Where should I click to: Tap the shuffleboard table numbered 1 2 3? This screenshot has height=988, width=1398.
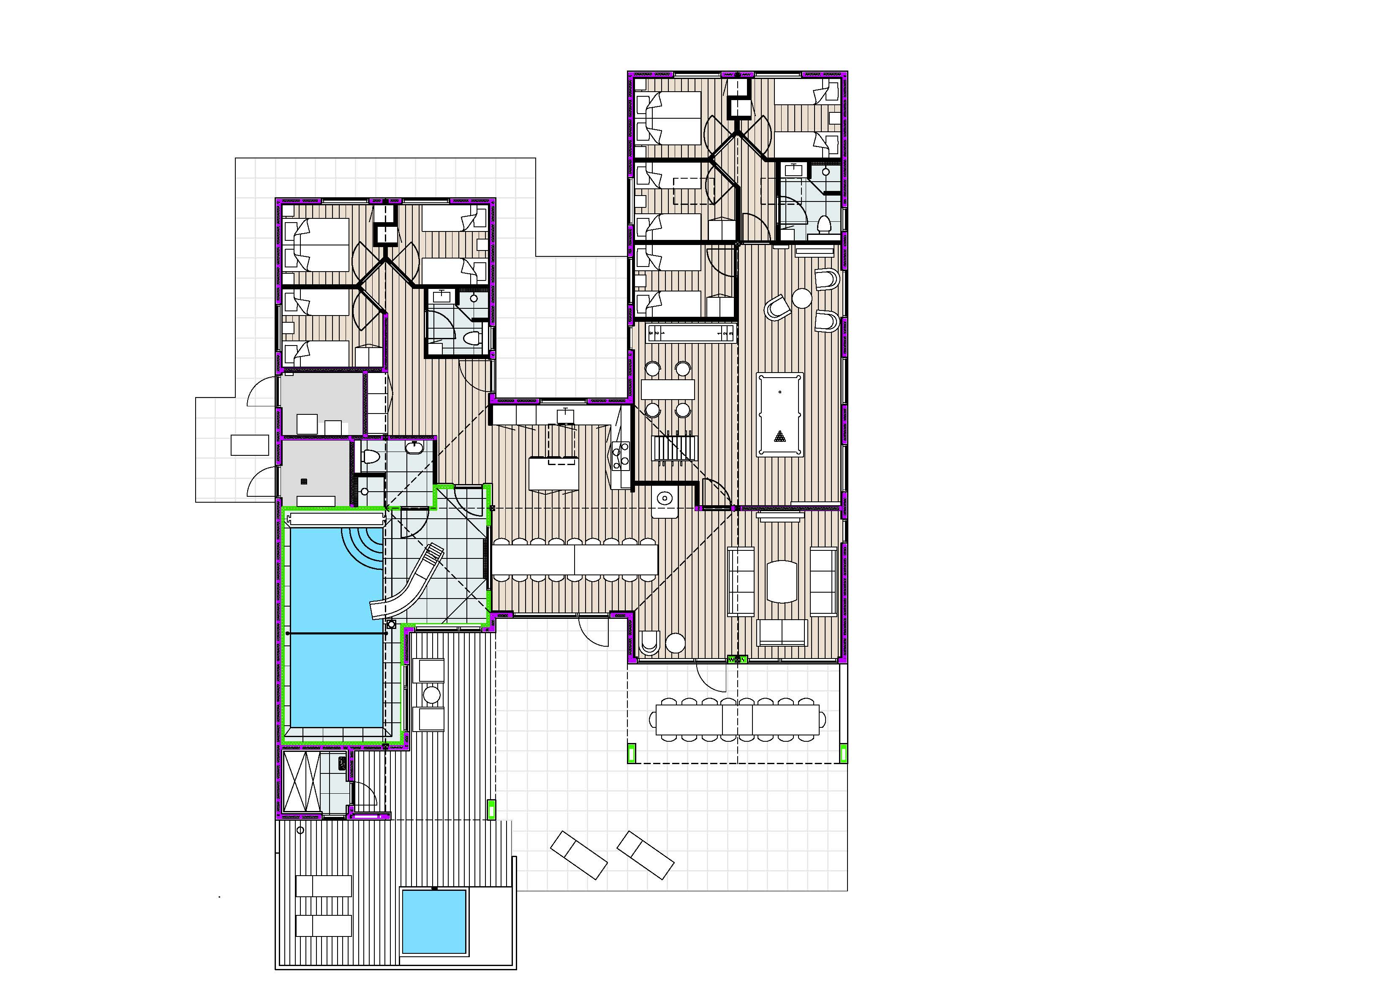tap(691, 333)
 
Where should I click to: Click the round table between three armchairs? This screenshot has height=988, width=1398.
tap(802, 298)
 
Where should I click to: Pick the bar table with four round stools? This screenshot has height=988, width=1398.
tap(668, 389)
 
